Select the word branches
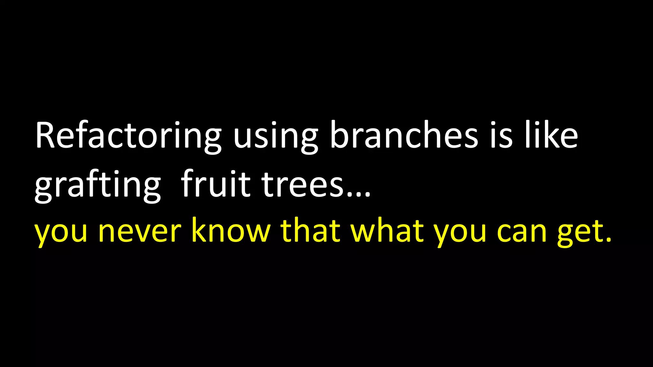(404, 135)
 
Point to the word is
(501, 135)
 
